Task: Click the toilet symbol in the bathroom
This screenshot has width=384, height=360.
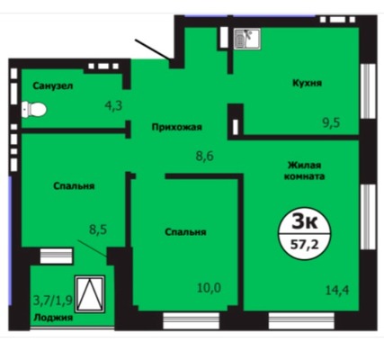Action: (34, 110)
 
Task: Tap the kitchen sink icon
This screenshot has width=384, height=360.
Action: (247, 39)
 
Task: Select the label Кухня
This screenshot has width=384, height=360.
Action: (307, 83)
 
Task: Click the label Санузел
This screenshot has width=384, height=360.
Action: (53, 86)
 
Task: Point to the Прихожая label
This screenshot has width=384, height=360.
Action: (177, 127)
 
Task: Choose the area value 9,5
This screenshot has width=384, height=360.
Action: (331, 122)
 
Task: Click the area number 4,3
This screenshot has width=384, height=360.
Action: (113, 105)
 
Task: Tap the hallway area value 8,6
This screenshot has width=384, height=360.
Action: (205, 156)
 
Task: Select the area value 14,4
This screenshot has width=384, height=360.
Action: (337, 290)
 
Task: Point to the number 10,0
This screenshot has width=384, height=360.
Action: (209, 288)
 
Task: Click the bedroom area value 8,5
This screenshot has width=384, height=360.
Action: (98, 230)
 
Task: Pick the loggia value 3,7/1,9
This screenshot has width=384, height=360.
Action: (53, 300)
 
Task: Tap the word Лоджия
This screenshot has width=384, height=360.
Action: (53, 318)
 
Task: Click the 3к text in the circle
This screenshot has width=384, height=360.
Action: (305, 222)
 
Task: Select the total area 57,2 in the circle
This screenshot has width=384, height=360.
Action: (305, 245)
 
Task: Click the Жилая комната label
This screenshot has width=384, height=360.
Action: (304, 170)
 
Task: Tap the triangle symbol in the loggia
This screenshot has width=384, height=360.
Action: (90, 294)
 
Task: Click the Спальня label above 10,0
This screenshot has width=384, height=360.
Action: (185, 232)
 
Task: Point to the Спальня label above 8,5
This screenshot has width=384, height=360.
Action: (74, 186)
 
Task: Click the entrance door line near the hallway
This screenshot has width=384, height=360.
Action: (153, 49)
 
